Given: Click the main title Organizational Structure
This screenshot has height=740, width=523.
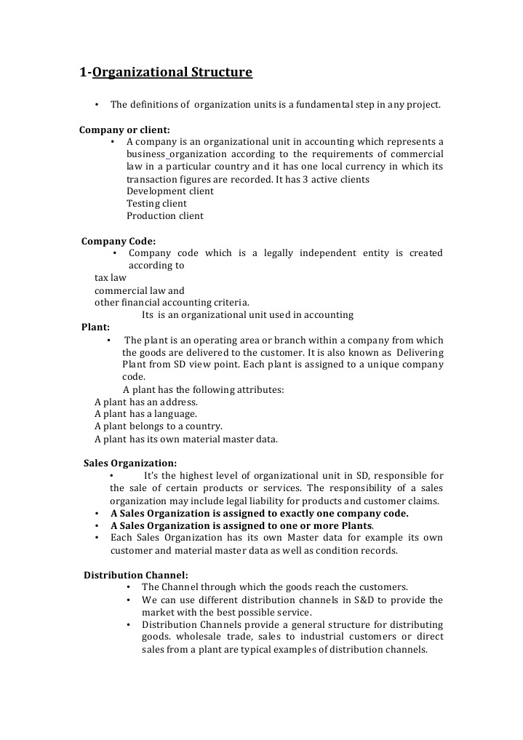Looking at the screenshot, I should coord(166,72).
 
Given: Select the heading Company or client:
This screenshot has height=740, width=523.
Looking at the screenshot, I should coord(124,130).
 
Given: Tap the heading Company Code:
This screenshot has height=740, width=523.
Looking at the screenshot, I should coord(119,241).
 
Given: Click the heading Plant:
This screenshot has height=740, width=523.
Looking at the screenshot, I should coord(95,327).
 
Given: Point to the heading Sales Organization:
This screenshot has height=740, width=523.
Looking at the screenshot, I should coord(130,463).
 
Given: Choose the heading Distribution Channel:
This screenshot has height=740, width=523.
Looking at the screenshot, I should coord(136,575).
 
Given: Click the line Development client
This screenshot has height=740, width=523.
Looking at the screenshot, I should coord(170,191).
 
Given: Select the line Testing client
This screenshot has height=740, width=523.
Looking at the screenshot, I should coord(156,204).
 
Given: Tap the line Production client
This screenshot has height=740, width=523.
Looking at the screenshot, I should coord(165,216).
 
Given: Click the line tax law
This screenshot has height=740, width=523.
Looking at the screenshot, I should coord(111,278).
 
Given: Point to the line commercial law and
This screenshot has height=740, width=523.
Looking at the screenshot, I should coord(140,290).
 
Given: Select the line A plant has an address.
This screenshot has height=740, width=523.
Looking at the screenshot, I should coord(146,402).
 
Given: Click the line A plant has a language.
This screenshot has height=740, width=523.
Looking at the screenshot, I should coord(145,414).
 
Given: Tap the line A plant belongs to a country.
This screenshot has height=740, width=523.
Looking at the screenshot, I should coord(159,426).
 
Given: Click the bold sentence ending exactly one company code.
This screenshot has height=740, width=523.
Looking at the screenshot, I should coord(260,513).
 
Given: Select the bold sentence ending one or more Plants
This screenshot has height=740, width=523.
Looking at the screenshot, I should coord(241,525).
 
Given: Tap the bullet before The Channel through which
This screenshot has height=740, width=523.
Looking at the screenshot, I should coord(128,587).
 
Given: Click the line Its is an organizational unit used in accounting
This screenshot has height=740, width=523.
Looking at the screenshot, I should coord(247,315).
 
